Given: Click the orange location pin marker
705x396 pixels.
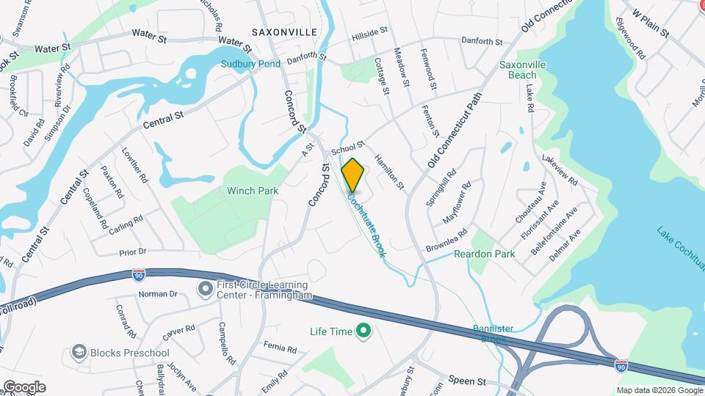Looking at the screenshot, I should click(x=352, y=175).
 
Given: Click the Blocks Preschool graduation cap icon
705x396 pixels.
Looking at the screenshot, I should click(x=79, y=353).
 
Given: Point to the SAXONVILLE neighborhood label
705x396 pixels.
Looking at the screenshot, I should click(x=283, y=32).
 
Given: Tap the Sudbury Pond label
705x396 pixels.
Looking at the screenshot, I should click(x=251, y=64).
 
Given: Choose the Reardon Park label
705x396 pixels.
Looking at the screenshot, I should click(x=485, y=254).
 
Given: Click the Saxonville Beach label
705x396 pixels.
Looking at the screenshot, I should click(x=522, y=70).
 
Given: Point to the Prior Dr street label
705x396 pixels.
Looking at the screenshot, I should click(x=133, y=252).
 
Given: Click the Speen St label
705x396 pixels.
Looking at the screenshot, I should click(x=467, y=381).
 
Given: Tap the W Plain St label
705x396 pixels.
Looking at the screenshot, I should click(x=650, y=23).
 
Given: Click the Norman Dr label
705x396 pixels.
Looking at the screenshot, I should click(x=158, y=294).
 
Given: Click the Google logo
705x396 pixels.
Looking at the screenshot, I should click(x=24, y=386).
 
